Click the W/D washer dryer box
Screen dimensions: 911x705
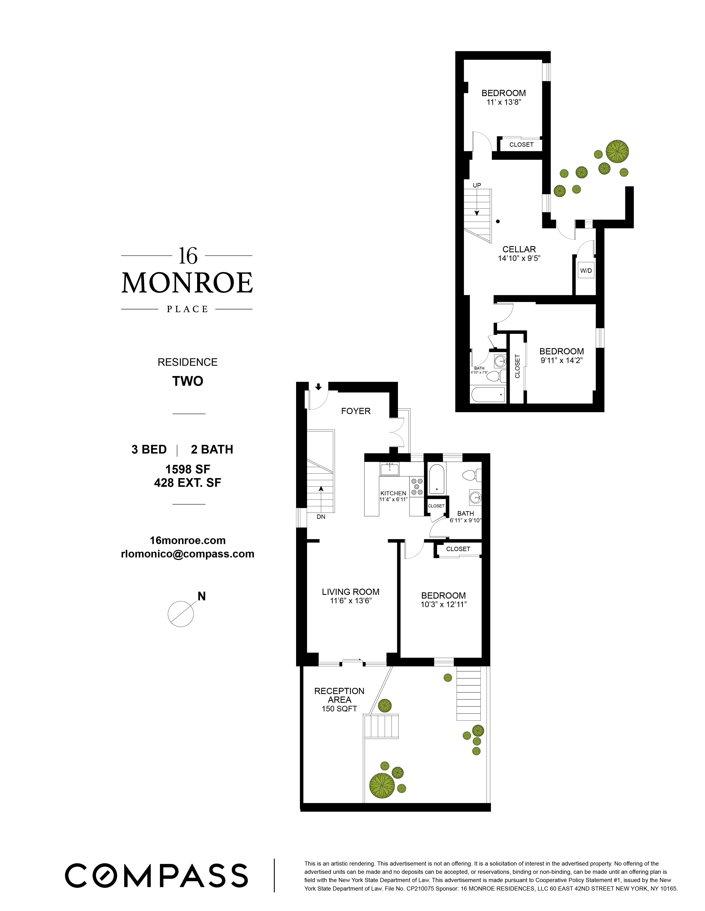586,271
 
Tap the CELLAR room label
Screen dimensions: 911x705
519,249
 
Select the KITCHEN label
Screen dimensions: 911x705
393,493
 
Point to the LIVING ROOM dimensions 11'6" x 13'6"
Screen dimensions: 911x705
350,601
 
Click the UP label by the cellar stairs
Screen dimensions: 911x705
476,185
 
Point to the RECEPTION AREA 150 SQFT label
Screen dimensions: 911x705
339,699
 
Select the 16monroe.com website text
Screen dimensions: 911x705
187,541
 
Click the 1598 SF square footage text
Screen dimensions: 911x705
187,469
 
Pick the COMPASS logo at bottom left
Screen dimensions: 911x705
156,875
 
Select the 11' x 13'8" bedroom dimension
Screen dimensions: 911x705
504,102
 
